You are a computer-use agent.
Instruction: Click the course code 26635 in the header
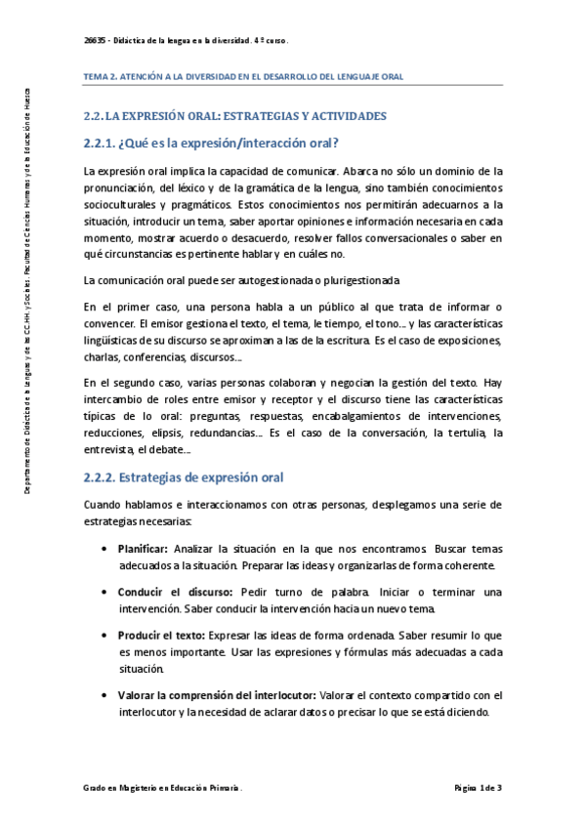[97, 41]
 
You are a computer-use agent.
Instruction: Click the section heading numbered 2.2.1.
[211, 144]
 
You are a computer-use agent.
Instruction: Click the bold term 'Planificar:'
[143, 550]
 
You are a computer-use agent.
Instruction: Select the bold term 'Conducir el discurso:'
[175, 592]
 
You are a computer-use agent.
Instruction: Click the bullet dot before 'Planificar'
[104, 550]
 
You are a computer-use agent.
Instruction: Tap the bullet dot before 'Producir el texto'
[104, 635]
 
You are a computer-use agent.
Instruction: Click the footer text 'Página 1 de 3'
[478, 787]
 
